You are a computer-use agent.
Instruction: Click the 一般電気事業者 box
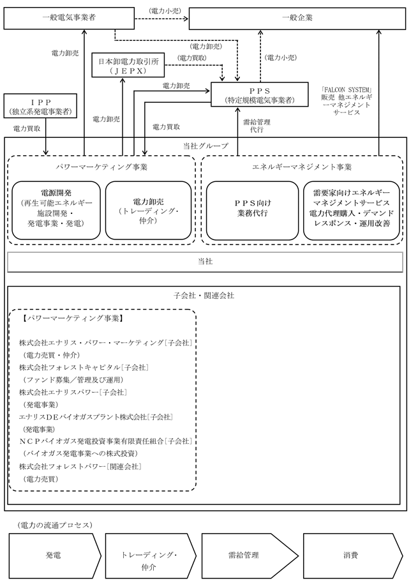[57, 18]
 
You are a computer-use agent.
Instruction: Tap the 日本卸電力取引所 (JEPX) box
[128, 66]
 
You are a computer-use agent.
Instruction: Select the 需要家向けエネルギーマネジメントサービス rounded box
[352, 208]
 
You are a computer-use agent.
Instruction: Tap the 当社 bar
[205, 262]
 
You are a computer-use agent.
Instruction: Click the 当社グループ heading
[205, 146]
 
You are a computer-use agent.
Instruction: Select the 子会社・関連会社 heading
[205, 296]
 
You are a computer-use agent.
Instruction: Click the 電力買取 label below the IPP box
[26, 129]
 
